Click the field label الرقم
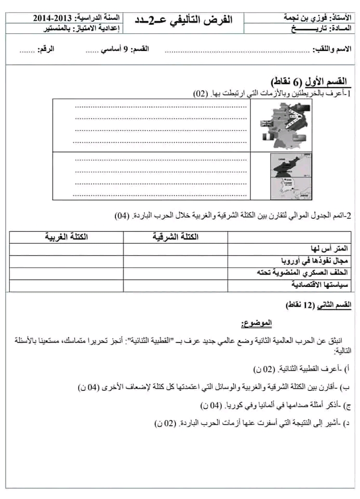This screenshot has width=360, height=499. (62, 49)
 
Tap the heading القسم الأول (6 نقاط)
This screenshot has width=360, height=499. (311, 82)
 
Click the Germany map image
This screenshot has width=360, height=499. (286, 124)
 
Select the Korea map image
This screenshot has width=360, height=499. (286, 175)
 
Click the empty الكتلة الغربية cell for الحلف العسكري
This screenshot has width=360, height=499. (66, 272)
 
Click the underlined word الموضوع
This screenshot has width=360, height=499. (256, 324)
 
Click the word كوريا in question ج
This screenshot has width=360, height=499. (235, 405)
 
